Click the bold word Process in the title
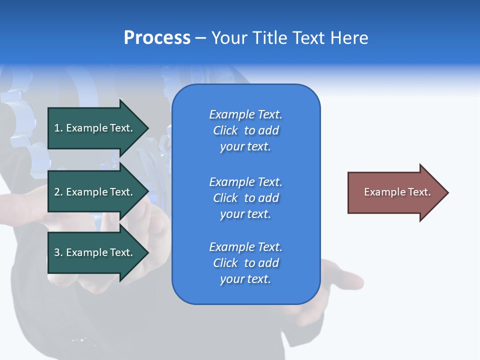coord(157,38)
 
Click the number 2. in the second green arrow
coord(58,192)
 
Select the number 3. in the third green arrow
coord(58,252)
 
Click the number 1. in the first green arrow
coord(58,128)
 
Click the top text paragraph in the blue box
coord(245,130)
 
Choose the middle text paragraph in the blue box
coord(245,198)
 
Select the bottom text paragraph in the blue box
coord(245,263)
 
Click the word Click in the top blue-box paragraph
coord(225,130)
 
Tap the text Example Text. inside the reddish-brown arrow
coord(397,192)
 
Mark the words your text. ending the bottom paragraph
coord(245,279)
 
